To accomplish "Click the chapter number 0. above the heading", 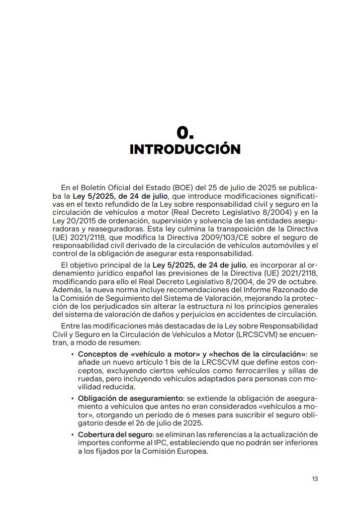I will (185, 132).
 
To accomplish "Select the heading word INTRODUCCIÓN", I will (185, 149).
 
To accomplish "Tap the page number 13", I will (315, 479).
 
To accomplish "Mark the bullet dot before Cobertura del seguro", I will (73, 434).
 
